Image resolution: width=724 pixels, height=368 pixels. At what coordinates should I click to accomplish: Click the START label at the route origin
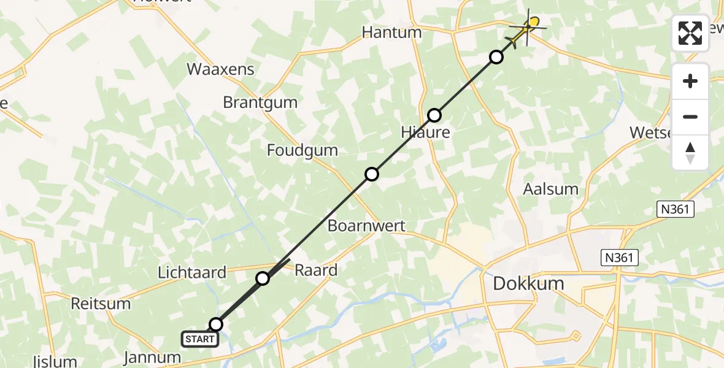[200, 339]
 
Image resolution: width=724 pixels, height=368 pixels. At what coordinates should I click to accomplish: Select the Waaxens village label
[220, 69]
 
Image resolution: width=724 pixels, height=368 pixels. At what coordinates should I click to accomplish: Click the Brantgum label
[260, 102]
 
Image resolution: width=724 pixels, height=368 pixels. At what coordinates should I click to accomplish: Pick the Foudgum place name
[302, 150]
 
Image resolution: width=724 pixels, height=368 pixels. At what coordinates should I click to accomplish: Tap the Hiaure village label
[425, 132]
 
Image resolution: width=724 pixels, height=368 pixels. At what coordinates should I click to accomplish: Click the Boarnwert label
[366, 226]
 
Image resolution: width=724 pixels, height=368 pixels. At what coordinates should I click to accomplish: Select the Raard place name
[316, 270]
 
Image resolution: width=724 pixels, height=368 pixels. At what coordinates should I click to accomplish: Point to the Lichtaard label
[192, 272]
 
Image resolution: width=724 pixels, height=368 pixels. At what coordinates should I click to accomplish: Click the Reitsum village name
[101, 304]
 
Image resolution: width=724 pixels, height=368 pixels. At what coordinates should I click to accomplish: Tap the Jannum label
[152, 358]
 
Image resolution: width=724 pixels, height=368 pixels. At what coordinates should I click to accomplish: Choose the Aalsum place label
[550, 189]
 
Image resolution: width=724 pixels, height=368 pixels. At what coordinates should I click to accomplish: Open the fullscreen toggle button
[690, 33]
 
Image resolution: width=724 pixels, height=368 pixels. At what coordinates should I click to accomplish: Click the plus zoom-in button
[690, 81]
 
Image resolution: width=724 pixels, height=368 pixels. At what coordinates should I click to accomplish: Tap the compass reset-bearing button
[690, 153]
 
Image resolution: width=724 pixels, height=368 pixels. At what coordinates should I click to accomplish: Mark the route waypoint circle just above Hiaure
[434, 115]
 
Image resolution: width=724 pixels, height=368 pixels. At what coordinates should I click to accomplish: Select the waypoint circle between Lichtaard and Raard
[263, 278]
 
